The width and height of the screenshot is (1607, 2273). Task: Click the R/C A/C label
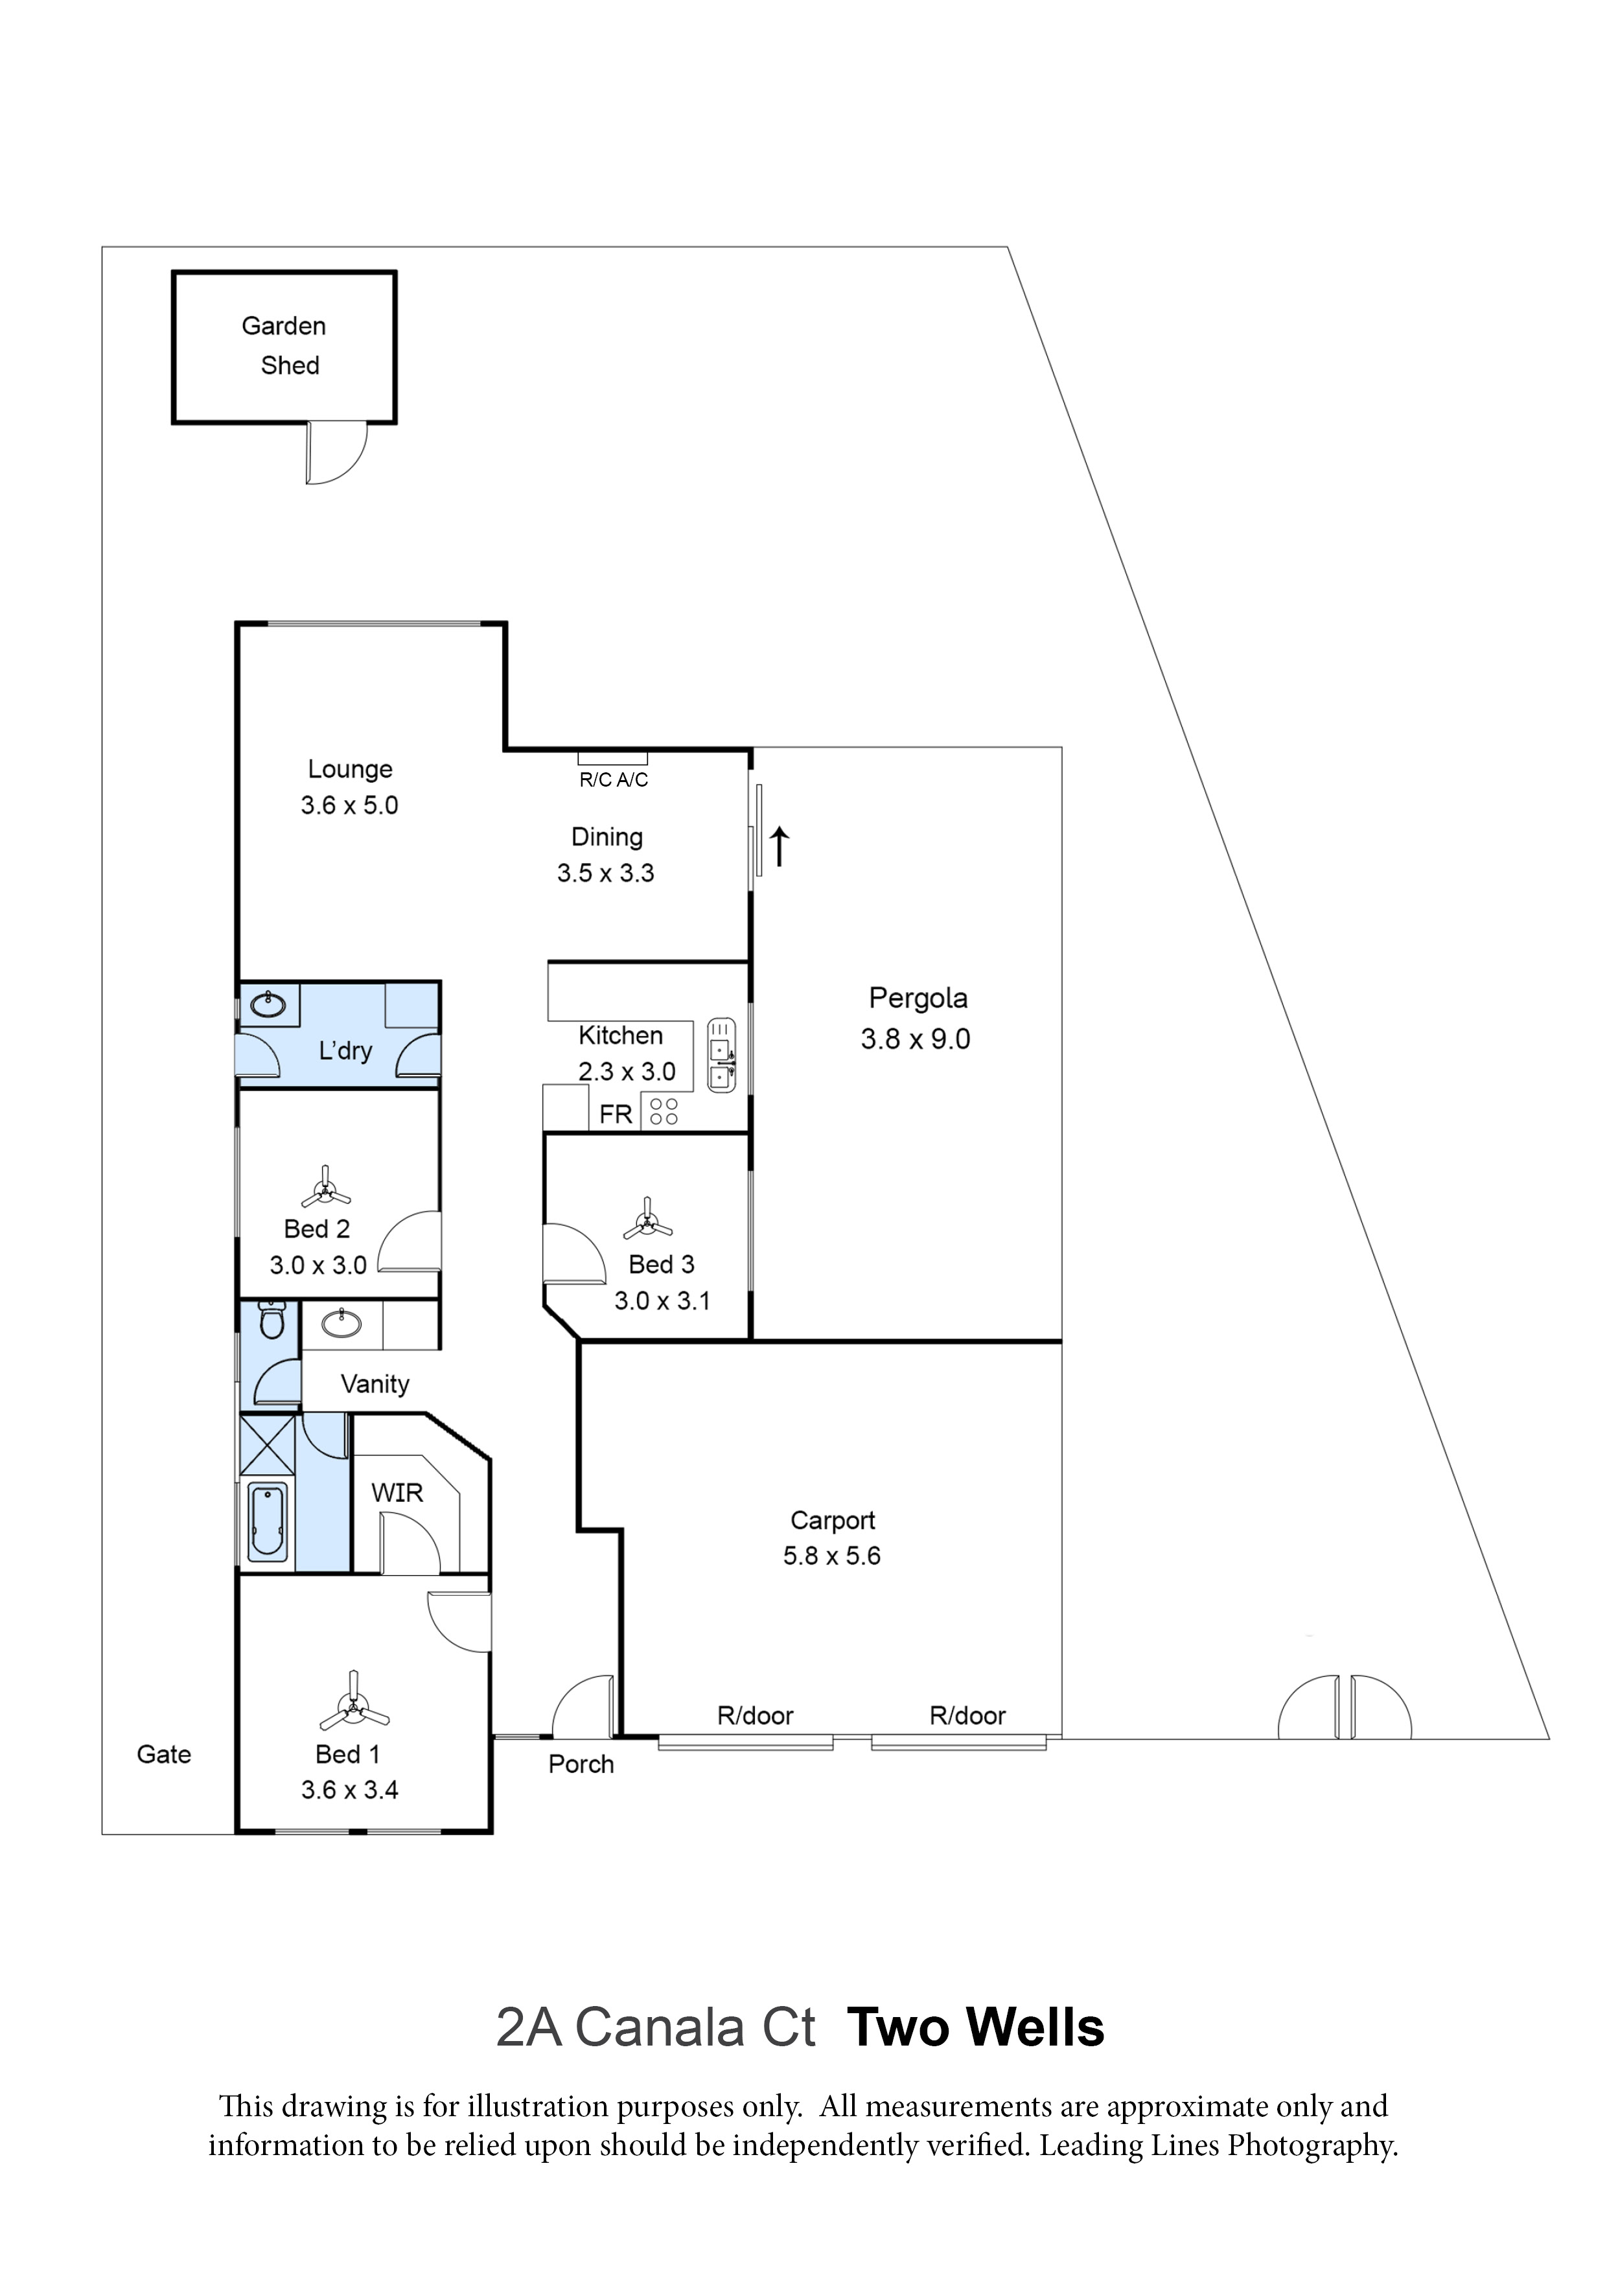(x=613, y=780)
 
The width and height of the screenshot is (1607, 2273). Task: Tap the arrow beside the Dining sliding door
(x=780, y=846)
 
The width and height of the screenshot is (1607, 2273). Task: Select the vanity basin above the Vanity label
(x=341, y=1322)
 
